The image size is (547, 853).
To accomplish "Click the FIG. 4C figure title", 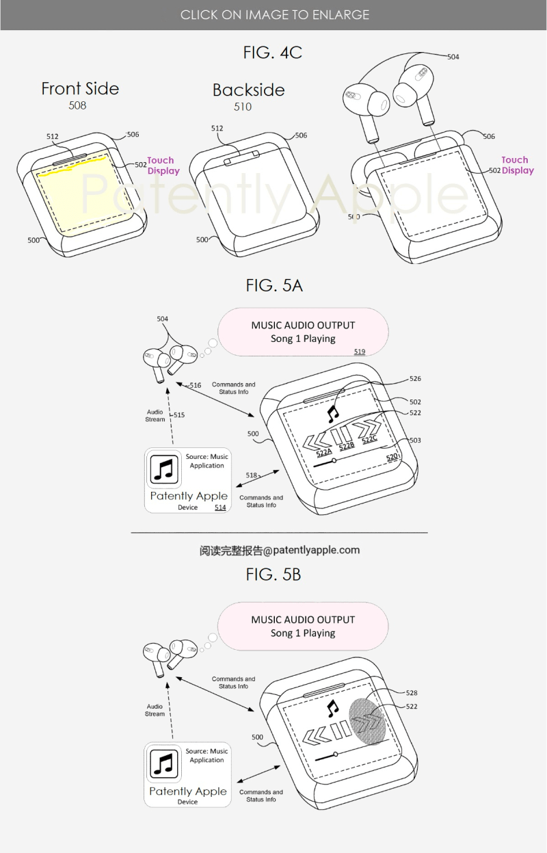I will (x=272, y=52).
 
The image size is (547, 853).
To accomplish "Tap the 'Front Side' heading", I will (x=80, y=88).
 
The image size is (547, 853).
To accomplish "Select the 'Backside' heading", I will (x=248, y=90).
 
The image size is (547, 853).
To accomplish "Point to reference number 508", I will (x=77, y=106).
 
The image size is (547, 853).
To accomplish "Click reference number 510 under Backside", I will (x=242, y=107).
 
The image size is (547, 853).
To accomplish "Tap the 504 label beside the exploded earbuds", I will (x=453, y=57).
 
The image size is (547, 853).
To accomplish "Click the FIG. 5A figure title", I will (x=273, y=285).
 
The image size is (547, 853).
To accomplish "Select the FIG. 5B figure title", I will (x=273, y=575).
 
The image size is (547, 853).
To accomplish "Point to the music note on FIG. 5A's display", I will (x=333, y=412).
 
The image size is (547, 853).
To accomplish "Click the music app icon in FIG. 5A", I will (x=164, y=470).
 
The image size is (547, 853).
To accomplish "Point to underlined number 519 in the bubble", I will (x=359, y=352).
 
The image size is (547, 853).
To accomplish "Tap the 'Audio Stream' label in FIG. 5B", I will (x=155, y=710).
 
